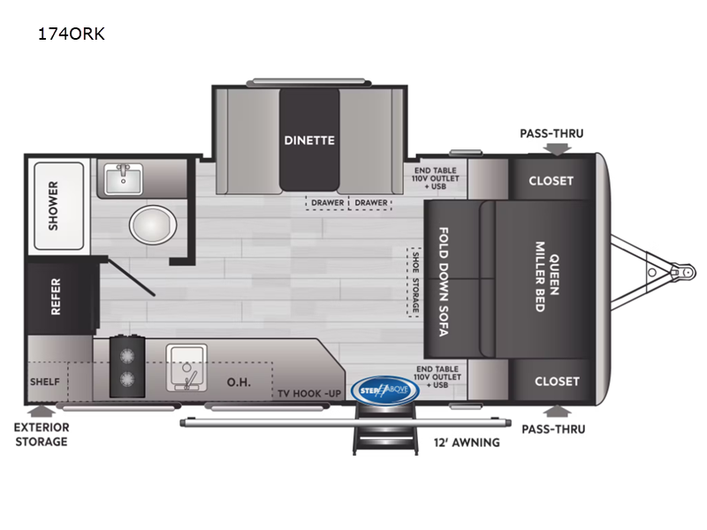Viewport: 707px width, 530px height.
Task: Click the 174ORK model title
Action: pos(72,34)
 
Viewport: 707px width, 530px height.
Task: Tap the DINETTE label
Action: pos(309,140)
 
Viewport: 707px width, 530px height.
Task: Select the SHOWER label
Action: pos(53,206)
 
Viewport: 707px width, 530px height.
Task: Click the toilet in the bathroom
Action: pos(153,224)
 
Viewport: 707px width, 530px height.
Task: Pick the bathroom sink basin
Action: pos(123,178)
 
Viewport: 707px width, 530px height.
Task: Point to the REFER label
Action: pos(56,296)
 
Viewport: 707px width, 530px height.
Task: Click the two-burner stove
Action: pos(127,367)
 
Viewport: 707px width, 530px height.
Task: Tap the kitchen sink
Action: pos(186,367)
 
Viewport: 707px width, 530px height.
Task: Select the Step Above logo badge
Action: pos(384,390)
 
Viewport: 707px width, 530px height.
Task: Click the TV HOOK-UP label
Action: pos(309,393)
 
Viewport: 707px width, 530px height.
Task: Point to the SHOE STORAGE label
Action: pos(415,283)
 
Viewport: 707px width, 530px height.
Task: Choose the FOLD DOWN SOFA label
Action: pos(444,282)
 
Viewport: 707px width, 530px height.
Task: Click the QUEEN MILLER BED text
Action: pos(546,276)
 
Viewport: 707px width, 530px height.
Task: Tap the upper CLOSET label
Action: pos(551,181)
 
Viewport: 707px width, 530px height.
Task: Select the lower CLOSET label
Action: pos(557,382)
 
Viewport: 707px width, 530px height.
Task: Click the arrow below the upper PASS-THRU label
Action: pos(557,149)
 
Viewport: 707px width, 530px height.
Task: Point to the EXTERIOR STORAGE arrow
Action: pos(42,411)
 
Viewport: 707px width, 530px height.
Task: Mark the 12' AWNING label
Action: pos(467,443)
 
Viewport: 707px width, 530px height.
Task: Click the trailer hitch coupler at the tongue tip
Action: pos(683,272)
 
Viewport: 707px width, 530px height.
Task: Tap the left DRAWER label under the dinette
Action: pos(328,203)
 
